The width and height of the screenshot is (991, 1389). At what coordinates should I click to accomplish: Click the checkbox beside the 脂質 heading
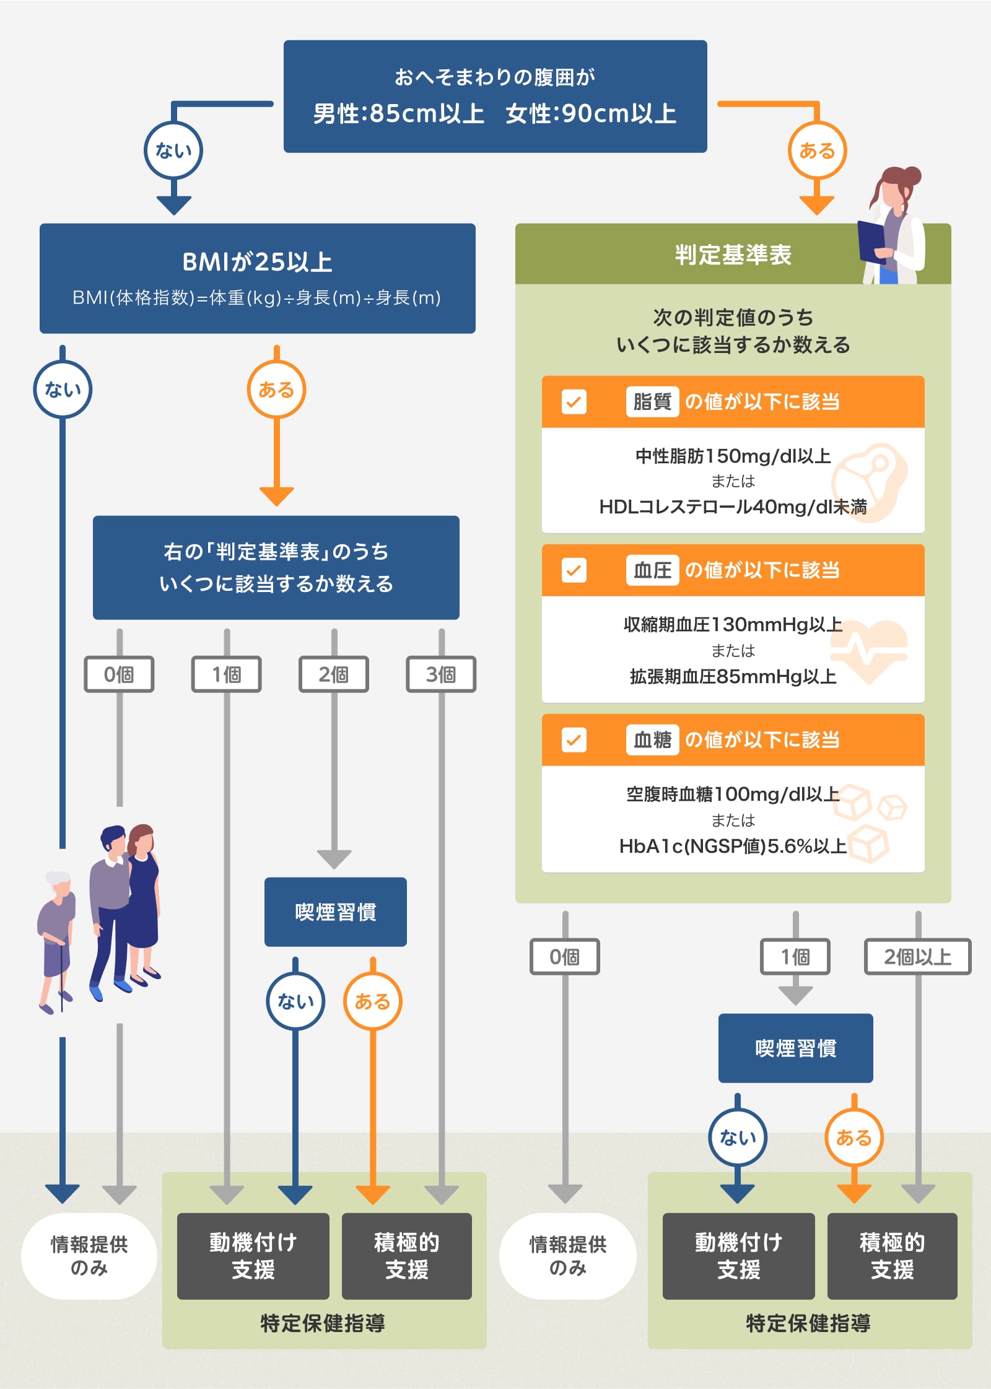click(x=574, y=402)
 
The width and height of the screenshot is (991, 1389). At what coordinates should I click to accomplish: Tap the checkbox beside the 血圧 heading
click(x=574, y=570)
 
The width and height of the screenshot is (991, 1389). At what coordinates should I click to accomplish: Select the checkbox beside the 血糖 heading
click(x=574, y=740)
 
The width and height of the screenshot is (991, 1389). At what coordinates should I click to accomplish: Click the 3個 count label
click(x=441, y=674)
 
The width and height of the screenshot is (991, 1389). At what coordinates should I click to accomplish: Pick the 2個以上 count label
click(x=917, y=957)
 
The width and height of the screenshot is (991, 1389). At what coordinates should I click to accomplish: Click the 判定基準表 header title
click(x=733, y=255)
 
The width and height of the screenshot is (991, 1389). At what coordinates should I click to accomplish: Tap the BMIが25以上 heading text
click(x=257, y=262)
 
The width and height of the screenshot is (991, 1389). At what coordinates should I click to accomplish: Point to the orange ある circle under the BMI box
click(x=276, y=390)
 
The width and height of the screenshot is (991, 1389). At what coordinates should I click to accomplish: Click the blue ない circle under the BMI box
click(x=63, y=390)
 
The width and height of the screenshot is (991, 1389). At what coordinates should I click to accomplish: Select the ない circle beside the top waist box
click(x=173, y=150)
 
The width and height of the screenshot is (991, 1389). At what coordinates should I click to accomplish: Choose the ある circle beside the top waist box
click(x=817, y=150)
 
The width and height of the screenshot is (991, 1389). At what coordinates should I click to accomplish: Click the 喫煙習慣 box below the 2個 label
click(x=335, y=912)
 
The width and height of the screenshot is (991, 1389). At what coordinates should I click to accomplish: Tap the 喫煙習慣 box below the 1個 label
click(x=795, y=1048)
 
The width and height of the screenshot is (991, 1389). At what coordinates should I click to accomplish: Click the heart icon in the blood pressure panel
click(x=868, y=650)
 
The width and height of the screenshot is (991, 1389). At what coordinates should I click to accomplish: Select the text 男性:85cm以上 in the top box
click(x=398, y=114)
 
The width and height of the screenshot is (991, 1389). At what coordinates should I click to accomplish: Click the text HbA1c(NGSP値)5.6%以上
click(x=733, y=846)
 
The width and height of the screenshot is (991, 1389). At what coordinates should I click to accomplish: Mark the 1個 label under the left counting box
click(x=227, y=674)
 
